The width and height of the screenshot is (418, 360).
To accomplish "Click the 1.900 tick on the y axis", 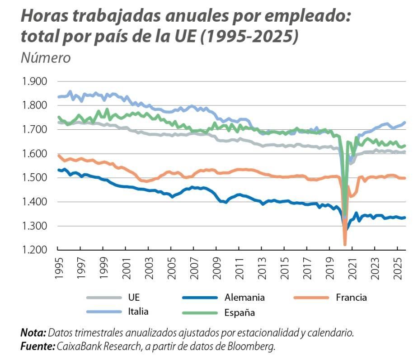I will pyautogui.click(x=33, y=82).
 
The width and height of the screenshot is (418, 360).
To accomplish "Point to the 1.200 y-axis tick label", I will pyautogui.click(x=33, y=250).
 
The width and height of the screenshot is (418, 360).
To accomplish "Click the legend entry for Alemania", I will pyautogui.click(x=244, y=297).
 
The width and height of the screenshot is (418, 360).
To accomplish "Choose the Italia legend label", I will pyautogui.click(x=138, y=311).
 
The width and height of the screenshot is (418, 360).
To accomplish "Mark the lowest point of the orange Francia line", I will pyautogui.click(x=345, y=245).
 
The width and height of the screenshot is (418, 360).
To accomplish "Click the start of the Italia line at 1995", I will pyautogui.click(x=59, y=97).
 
